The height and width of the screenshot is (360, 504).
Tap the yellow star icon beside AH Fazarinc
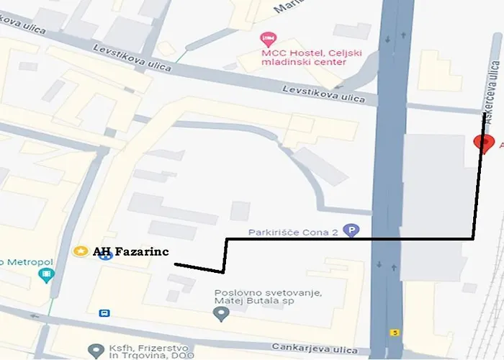[x=81, y=251]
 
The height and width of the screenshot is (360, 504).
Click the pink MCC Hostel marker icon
[x=268, y=37]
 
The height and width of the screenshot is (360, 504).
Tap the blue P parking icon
[x=351, y=231]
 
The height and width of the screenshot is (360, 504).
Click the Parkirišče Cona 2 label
[x=294, y=232]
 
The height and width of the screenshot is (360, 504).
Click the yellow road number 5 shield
[x=396, y=333]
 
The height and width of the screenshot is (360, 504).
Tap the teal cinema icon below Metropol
[x=47, y=274]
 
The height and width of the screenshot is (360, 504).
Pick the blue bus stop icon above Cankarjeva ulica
[x=106, y=313]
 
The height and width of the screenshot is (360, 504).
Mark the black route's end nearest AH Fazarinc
[x=175, y=264]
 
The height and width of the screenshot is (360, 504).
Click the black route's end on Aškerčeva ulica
[x=483, y=113]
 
